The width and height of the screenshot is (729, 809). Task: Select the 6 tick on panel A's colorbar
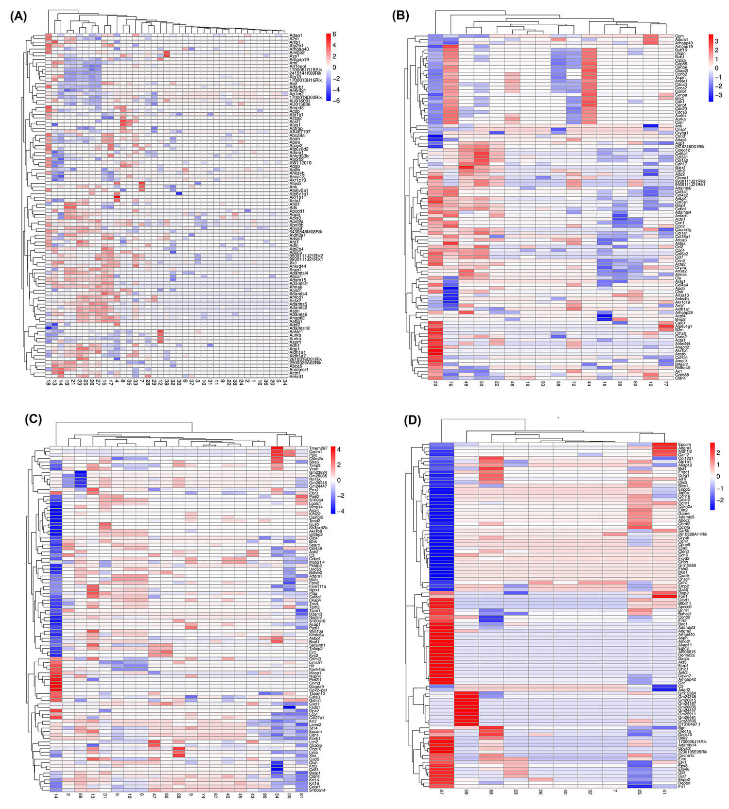pos(334,34)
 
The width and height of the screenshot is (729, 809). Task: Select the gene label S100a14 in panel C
pos(317,791)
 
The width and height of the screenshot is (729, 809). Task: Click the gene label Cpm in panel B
pos(679,36)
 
